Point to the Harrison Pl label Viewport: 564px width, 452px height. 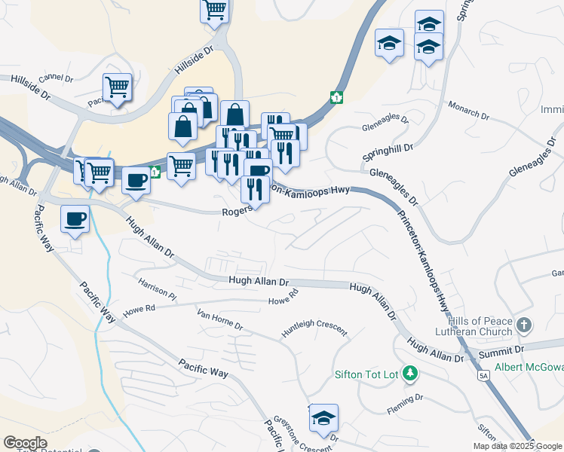(x=156, y=289)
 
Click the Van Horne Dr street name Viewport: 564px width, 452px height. (x=219, y=320)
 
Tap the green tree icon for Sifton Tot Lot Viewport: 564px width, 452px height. (x=409, y=373)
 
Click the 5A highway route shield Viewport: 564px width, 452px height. (x=483, y=374)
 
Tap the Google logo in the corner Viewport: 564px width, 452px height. (x=25, y=443)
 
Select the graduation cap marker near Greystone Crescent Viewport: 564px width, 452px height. (x=323, y=417)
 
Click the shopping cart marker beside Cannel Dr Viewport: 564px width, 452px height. (x=117, y=87)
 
